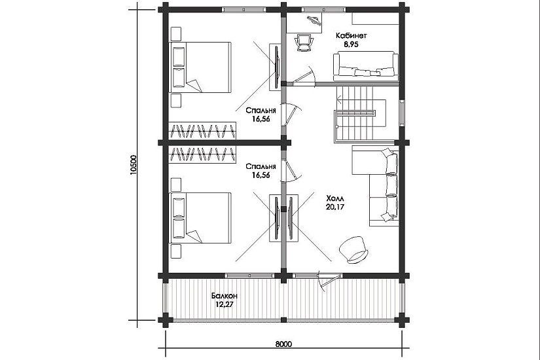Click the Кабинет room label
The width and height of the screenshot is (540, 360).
click(351, 35)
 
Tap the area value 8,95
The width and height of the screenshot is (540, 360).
click(351, 44)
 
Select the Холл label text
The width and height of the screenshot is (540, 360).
click(334, 199)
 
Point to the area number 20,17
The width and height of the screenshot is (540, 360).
click(334, 207)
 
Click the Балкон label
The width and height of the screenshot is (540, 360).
click(225, 296)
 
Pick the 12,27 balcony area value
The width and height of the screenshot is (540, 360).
click(225, 304)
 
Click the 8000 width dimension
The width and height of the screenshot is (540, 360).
click(283, 344)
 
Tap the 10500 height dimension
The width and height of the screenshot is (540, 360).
click(134, 165)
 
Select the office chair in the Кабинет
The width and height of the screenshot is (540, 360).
click(305, 43)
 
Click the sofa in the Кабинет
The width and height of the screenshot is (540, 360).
click(366, 66)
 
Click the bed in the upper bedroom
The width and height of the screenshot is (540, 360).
click(200, 67)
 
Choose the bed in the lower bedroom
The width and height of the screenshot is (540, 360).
click(200, 218)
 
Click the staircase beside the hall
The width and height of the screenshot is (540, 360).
click(359, 115)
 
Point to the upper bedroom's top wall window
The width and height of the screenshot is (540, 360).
click(248, 10)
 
